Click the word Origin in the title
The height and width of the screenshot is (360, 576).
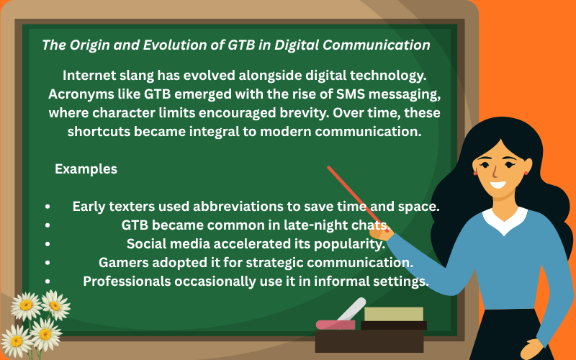(89, 45)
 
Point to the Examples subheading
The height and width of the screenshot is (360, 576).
(86, 169)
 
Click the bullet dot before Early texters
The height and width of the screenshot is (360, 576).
(48, 207)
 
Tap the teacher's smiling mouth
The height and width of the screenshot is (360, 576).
(499, 184)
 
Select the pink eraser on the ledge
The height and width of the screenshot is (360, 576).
(335, 325)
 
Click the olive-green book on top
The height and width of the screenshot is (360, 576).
(393, 314)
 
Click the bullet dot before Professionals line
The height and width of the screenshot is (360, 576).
(48, 282)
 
